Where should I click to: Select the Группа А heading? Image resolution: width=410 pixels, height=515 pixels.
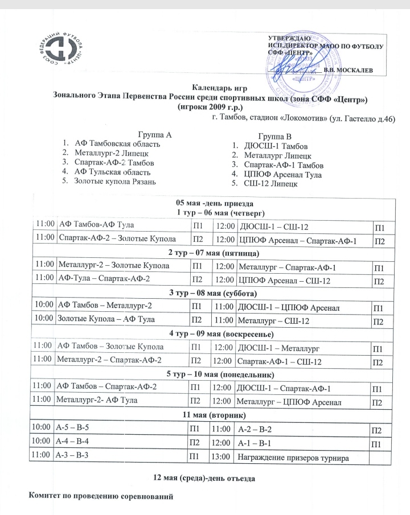tap(154, 135)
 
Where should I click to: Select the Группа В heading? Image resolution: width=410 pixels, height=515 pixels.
tap(274, 136)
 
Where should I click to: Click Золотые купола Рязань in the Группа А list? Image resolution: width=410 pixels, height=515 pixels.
tap(114, 182)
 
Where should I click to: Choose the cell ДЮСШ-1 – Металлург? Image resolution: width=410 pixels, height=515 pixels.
tap(277, 347)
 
